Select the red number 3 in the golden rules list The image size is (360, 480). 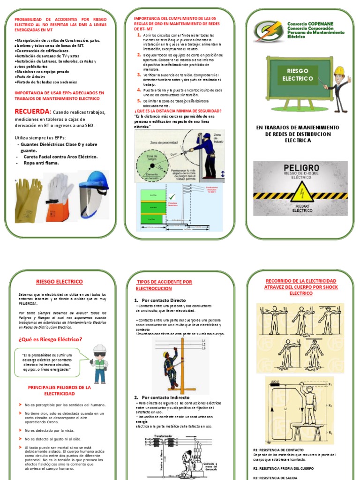pyautogui.click(x=139, y=75)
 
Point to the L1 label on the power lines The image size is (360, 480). pyautogui.click(x=203, y=340)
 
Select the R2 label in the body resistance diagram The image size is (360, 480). pyautogui.click(x=330, y=405)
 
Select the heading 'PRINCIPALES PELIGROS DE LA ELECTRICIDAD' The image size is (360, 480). pyautogui.click(x=59, y=390)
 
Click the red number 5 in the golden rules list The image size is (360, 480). pyautogui.click(x=139, y=100)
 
